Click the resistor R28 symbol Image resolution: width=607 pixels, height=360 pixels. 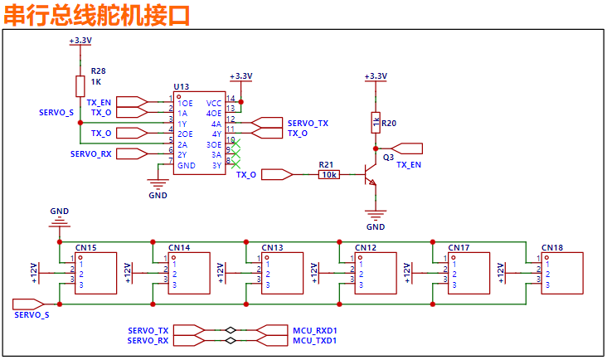(80, 85)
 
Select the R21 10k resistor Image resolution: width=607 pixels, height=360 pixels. (328, 174)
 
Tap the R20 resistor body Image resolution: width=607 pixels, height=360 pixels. (376, 122)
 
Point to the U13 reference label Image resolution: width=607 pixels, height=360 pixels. (181, 86)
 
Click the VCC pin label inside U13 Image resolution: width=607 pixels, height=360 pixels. (214, 103)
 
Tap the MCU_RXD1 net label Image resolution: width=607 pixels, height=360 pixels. (315, 330)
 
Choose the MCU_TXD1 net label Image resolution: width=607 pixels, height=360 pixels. (315, 341)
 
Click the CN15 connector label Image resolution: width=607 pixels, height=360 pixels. (85, 248)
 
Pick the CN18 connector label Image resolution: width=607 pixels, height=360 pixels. (552, 248)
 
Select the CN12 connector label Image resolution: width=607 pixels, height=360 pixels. (366, 248)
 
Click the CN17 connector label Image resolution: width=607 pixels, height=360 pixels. (459, 248)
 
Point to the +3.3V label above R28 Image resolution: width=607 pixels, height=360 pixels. (80, 40)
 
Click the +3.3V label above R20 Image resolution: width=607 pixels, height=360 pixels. (376, 76)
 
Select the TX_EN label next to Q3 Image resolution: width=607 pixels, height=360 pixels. (408, 165)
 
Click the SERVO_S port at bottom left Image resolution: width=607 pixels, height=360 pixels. (32, 314)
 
